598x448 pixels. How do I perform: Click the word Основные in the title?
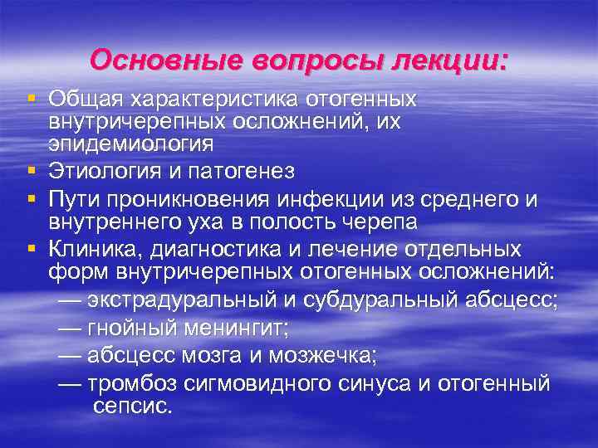[x=153, y=60]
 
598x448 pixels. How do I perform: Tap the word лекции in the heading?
[x=453, y=60]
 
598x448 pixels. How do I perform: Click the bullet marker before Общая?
[x=31, y=99]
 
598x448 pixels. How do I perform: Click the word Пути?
[x=73, y=199]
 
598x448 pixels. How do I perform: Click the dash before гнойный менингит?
[x=71, y=329]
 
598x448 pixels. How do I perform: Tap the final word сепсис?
[x=134, y=407]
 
